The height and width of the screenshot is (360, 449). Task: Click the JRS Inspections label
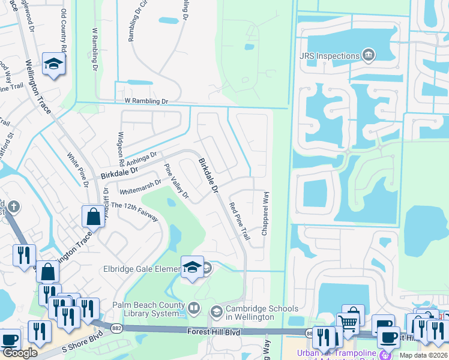tap(329, 56)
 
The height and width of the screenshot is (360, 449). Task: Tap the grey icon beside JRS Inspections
tap(368, 56)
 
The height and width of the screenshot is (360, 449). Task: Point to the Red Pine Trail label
tap(240, 221)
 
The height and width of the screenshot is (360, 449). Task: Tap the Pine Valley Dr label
tap(176, 181)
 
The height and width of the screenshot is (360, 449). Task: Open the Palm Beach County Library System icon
tap(194, 309)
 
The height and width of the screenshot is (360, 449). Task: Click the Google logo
tap(20, 353)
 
